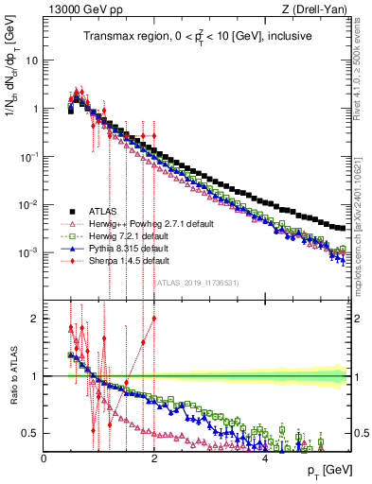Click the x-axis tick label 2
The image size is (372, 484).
pos(154,458)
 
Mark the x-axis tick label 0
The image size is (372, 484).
pos(44,458)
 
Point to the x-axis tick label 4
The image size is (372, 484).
pos(265,458)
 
